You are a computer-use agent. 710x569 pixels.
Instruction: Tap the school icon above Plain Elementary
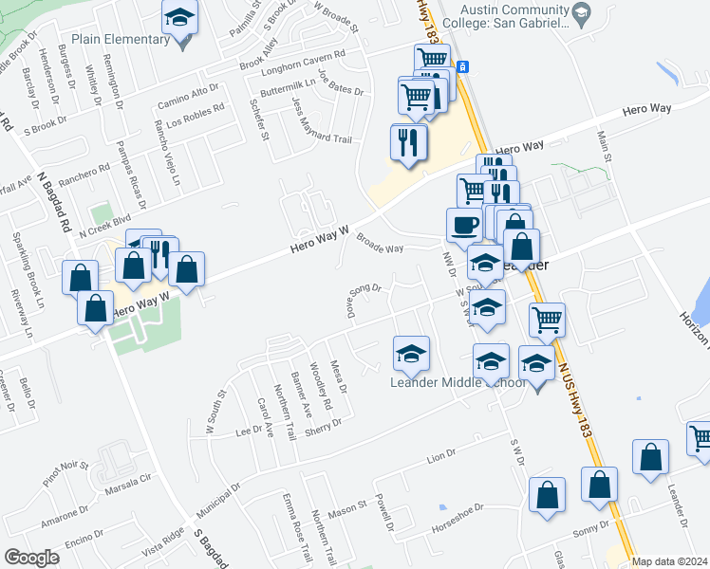coord(178,19)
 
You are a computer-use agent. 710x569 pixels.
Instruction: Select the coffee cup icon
coord(463,226)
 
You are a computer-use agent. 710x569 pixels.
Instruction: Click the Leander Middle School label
coord(458,382)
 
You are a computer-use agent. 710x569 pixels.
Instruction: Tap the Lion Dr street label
coord(442,460)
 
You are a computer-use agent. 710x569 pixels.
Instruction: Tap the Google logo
coord(31,558)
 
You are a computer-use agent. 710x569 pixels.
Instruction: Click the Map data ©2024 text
coord(669,561)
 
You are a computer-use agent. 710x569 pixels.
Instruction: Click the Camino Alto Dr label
coord(188,101)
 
